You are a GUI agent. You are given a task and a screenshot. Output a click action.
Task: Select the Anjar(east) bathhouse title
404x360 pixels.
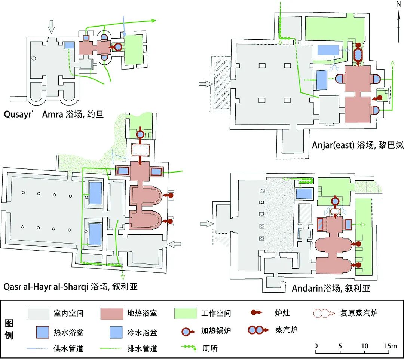click(x=358, y=145)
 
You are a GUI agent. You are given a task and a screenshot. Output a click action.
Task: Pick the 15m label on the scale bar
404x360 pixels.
click(x=391, y=346)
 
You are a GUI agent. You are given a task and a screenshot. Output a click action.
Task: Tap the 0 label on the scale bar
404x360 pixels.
click(x=316, y=346)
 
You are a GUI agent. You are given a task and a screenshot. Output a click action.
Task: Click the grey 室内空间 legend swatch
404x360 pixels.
click(x=38, y=313)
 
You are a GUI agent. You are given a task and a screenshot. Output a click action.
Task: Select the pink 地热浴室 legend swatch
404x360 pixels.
click(x=112, y=313)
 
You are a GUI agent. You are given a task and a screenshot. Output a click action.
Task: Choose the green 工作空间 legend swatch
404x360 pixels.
click(x=186, y=313)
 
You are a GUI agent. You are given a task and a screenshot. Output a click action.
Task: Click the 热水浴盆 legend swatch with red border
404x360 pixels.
click(x=38, y=332)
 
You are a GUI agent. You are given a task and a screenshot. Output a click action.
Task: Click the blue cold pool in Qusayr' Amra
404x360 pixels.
click(x=69, y=45)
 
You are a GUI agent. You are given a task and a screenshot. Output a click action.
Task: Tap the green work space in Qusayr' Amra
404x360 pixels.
click(x=134, y=50)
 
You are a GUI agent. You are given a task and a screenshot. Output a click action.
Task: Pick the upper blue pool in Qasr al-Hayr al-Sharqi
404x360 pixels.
click(x=95, y=193)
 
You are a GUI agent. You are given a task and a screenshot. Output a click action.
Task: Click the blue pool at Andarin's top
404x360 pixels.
click(x=304, y=193)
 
